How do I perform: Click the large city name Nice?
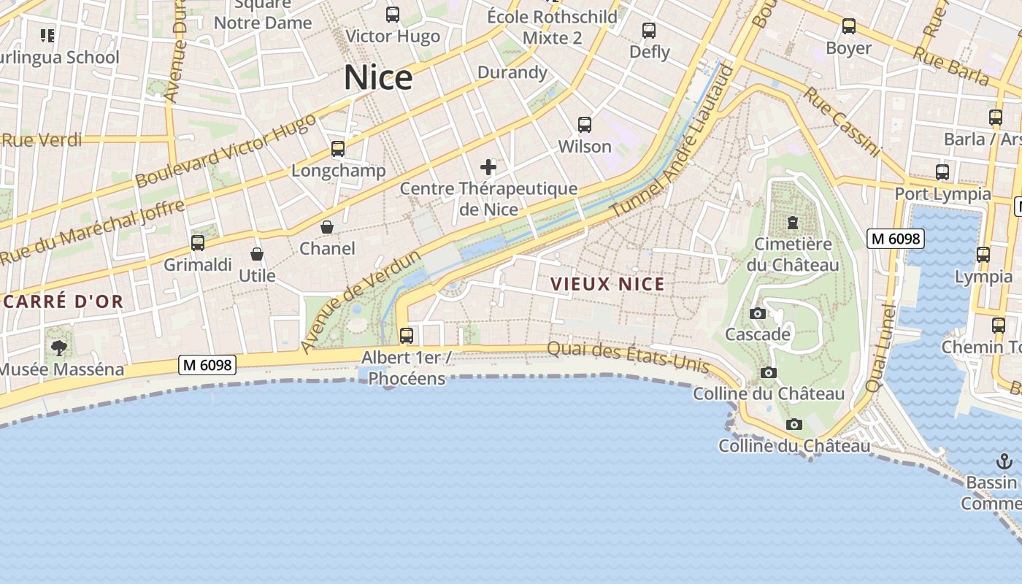point(378,78)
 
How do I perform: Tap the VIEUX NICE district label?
point(607,284)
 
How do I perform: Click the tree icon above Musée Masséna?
point(58,348)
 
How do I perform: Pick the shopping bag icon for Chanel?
point(327,228)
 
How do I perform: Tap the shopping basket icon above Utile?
point(257,254)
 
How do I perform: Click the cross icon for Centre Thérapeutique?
point(488,168)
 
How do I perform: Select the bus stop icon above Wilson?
point(585,125)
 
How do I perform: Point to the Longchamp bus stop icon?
point(338,149)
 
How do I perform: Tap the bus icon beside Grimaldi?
point(198,243)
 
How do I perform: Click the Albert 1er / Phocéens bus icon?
point(407,336)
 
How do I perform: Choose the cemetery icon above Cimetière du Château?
point(793,223)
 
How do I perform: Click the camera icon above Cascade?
point(758,314)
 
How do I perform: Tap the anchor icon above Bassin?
point(1004,461)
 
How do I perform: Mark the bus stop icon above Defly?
point(649,31)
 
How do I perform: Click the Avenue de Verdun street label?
point(361,300)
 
